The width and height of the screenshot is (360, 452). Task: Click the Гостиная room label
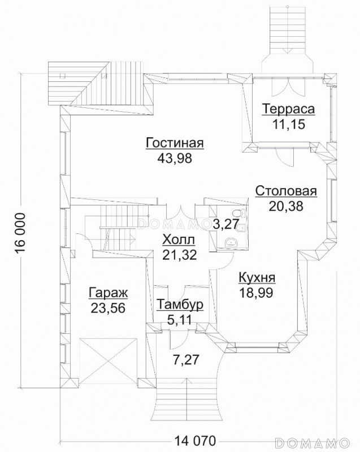pos(175,143)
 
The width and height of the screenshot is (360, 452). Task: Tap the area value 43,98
pos(175,158)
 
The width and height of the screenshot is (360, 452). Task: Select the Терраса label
pos(288,110)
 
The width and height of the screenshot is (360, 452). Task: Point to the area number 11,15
pos(288,125)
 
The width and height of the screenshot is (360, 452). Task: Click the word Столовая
pos(286,191)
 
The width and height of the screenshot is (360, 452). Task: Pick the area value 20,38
pos(286,206)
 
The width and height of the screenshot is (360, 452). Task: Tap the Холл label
pos(179,240)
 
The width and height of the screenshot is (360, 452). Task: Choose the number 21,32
pos(179,255)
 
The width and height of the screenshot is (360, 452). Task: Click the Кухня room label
pos(257,278)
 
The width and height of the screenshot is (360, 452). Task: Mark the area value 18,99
pos(256,293)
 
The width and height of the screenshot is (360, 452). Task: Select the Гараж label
pos(108,293)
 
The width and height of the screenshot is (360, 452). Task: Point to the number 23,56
pos(108,308)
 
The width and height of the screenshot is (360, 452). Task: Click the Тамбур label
pos(180,305)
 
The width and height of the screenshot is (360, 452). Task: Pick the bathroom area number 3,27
pos(226,224)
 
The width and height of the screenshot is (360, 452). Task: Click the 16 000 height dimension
pos(20,233)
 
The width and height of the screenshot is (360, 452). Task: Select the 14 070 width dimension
pos(195,441)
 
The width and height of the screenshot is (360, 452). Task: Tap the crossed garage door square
pos(108,361)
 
